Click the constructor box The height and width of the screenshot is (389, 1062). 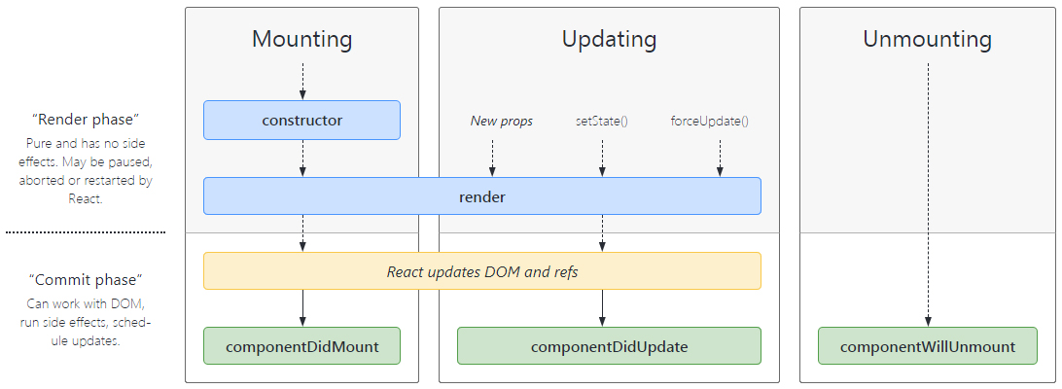pyautogui.click(x=302, y=121)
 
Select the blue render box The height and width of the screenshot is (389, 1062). pyautogui.click(x=482, y=196)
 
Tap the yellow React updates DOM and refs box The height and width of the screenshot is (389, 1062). pyautogui.click(x=482, y=271)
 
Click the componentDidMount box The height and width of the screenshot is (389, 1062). pyautogui.click(x=302, y=346)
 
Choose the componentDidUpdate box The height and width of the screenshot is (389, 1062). pyautogui.click(x=609, y=346)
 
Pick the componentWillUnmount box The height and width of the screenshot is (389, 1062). pyautogui.click(x=927, y=346)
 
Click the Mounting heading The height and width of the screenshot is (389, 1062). pyautogui.click(x=302, y=39)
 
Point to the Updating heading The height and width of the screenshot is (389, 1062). pyautogui.click(x=609, y=39)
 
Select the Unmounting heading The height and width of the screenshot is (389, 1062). pyautogui.click(x=927, y=39)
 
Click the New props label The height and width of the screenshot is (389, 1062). pyautogui.click(x=501, y=122)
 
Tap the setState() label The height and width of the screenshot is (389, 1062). pyautogui.click(x=601, y=122)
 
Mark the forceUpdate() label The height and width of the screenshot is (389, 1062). pyautogui.click(x=710, y=122)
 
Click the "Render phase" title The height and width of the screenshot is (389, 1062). pyautogui.click(x=86, y=120)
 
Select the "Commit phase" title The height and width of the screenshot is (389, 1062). pyautogui.click(x=86, y=279)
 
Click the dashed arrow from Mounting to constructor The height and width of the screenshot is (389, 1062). pyautogui.click(x=302, y=82)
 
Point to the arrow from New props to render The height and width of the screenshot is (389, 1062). pyautogui.click(x=492, y=159)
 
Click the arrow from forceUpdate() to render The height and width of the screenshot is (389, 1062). pyautogui.click(x=720, y=159)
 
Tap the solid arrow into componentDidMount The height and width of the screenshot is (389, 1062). pyautogui.click(x=302, y=308)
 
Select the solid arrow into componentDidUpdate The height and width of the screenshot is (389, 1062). pyautogui.click(x=602, y=308)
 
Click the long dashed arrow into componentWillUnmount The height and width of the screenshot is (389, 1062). pyautogui.click(x=928, y=195)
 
